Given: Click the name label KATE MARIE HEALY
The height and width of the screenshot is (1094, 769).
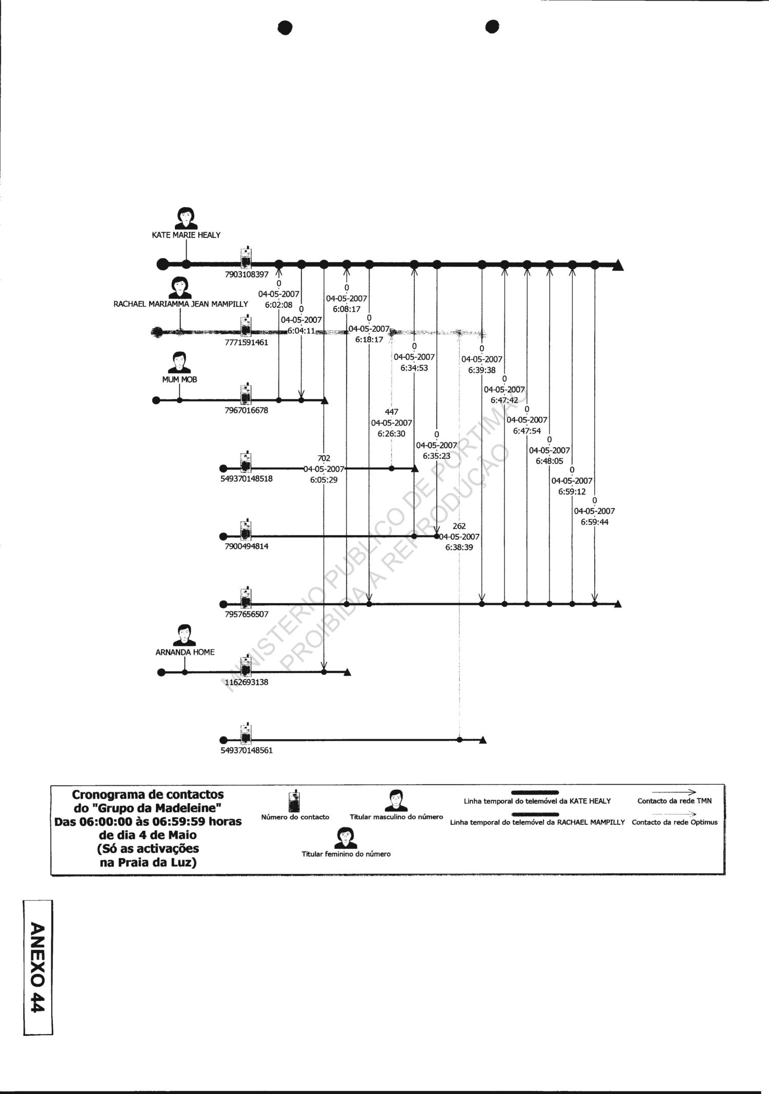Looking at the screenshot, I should [186, 235].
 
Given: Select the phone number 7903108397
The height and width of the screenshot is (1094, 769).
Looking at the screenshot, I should [247, 274].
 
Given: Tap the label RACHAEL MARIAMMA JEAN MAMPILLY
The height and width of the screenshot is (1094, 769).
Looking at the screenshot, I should [180, 304].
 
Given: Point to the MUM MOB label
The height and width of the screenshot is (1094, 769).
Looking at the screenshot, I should [179, 380].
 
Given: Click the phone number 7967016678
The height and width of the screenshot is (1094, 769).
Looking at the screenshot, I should [246, 410].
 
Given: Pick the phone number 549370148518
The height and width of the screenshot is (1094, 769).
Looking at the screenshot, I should [246, 479].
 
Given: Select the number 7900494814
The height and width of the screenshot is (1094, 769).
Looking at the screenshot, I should [246, 546].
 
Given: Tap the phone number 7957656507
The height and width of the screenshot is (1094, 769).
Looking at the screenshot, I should [246, 614].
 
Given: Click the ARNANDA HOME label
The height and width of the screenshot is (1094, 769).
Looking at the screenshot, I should [185, 652].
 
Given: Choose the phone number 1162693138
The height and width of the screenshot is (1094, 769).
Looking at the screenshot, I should [246, 682].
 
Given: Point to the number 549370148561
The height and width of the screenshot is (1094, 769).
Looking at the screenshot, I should [246, 750].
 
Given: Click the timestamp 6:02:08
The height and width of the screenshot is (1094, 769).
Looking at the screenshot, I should [279, 305].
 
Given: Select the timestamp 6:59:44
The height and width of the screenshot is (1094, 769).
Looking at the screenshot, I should [595, 522].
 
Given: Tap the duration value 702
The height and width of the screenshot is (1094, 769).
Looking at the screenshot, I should [324, 458].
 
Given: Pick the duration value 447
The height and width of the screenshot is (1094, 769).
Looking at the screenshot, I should [392, 412].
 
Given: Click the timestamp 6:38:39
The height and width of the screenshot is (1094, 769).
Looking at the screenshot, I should [459, 548].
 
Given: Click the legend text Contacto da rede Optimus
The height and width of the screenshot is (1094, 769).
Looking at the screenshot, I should [675, 822].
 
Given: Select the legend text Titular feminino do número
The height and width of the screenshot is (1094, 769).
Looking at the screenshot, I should [346, 854].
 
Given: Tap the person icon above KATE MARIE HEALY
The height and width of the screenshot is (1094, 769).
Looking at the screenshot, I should [186, 218].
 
